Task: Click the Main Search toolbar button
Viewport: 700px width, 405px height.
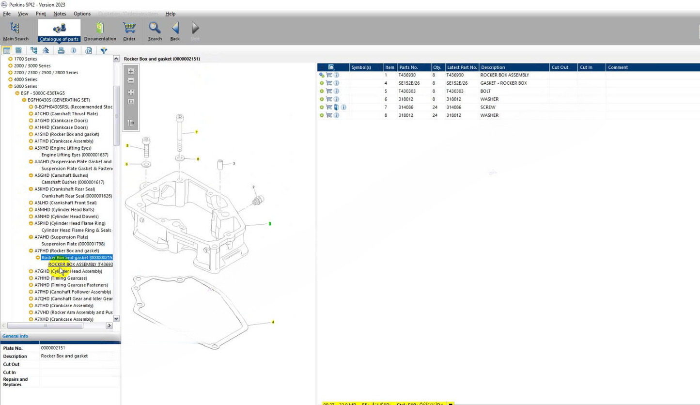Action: [x=16, y=31]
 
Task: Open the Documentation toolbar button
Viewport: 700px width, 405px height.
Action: [x=100, y=31]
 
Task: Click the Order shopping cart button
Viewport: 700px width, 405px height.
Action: [x=129, y=31]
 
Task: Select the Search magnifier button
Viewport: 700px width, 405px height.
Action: [x=155, y=31]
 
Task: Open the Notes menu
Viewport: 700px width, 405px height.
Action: [x=60, y=14]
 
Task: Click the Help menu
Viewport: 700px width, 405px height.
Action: [x=170, y=14]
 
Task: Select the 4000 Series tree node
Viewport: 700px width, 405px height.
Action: [x=25, y=79]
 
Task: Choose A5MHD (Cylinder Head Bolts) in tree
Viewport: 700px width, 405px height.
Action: [x=64, y=210]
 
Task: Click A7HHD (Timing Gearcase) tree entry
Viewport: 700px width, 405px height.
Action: [x=61, y=278]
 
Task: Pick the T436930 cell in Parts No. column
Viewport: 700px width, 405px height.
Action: [x=407, y=75]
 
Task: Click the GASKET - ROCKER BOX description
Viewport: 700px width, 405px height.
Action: [x=503, y=83]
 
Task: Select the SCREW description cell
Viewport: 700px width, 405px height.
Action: [x=488, y=107]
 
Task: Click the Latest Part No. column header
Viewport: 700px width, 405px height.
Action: [x=462, y=67]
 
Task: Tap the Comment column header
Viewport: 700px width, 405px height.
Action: [x=618, y=67]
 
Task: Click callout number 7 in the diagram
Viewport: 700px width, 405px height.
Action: [x=196, y=132]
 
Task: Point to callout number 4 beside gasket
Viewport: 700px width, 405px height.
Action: [x=273, y=322]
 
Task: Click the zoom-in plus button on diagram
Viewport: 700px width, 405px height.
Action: [x=131, y=71]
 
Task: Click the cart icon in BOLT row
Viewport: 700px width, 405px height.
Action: [x=329, y=91]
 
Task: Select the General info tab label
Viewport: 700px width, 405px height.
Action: [x=16, y=336]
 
